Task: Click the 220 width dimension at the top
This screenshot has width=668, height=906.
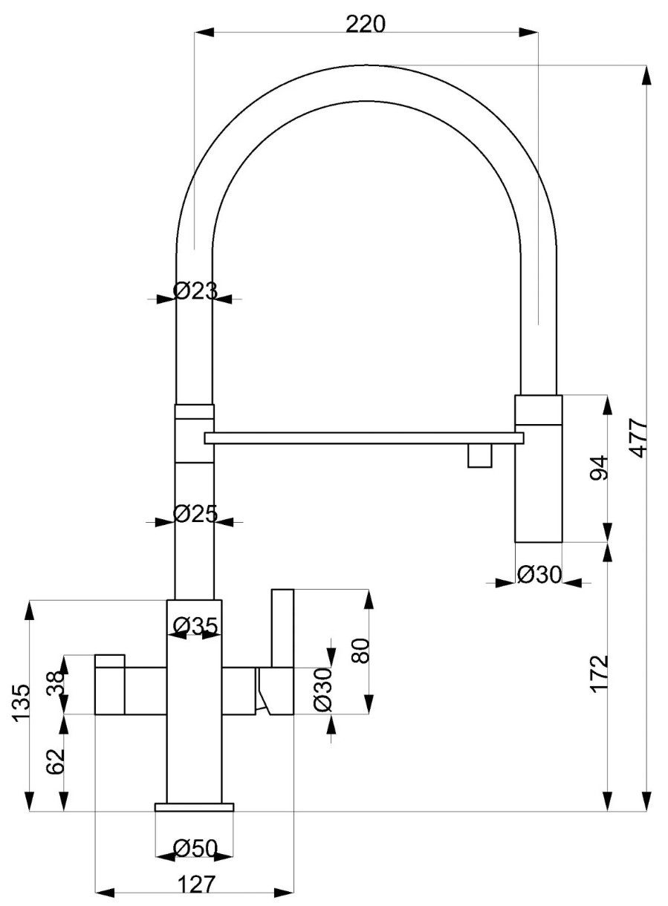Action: click(x=366, y=25)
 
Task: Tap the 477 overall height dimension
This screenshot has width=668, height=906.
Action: click(x=640, y=439)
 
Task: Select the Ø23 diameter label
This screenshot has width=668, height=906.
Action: click(x=195, y=290)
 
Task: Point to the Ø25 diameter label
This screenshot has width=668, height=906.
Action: click(x=195, y=514)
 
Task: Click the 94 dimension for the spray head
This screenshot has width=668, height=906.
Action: click(x=599, y=468)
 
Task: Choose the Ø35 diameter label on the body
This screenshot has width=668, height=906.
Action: click(x=195, y=626)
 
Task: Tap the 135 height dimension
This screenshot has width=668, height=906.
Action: click(x=21, y=703)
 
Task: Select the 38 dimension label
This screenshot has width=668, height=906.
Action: click(x=56, y=683)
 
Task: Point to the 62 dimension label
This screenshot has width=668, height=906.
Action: click(x=56, y=761)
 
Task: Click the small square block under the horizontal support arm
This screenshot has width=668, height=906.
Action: click(x=480, y=455)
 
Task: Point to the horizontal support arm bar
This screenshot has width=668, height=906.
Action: click(x=364, y=438)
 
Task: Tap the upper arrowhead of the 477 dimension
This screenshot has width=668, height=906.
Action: click(x=647, y=75)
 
